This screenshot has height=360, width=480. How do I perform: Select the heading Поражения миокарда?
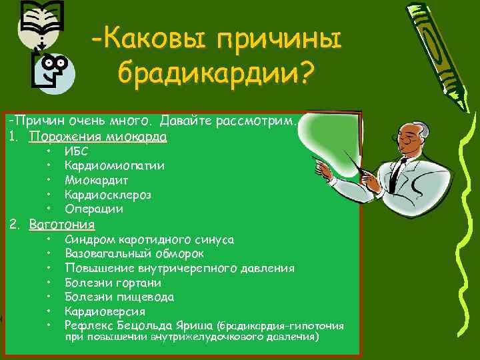[98, 137]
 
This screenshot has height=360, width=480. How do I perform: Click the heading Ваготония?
[62, 225]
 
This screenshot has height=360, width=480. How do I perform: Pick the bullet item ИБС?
[75, 152]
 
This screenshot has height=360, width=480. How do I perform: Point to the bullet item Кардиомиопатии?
[115, 166]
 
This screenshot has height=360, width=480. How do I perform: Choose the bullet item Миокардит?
[97, 180]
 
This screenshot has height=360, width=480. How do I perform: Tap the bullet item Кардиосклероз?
[108, 195]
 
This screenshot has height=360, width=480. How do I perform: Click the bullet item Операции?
[94, 209]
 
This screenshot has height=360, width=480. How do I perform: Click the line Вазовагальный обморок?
[135, 254]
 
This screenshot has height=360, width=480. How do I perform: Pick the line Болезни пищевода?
[119, 297]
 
